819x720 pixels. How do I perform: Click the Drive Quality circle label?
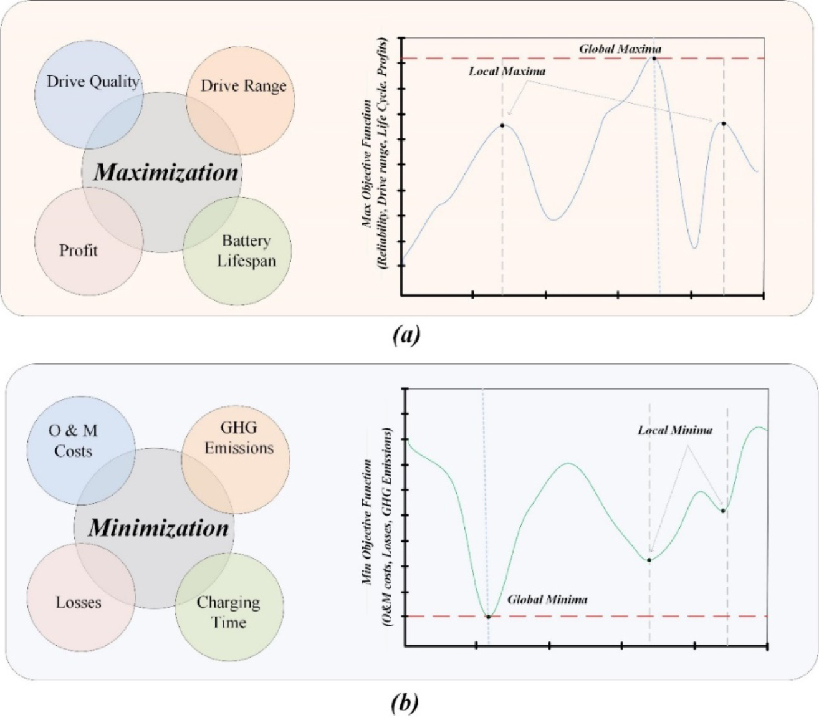(93, 81)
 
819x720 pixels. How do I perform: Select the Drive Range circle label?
(243, 85)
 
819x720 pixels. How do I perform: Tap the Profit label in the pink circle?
(79, 250)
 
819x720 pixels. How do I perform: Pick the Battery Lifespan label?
(246, 250)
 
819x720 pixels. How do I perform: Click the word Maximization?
(166, 172)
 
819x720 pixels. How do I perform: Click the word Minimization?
(158, 528)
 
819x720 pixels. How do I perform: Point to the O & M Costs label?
(73, 441)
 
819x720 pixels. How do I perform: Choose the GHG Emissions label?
(239, 438)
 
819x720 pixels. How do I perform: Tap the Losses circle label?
(79, 602)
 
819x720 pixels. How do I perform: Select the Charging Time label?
(229, 612)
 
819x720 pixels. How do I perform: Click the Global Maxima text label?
(620, 49)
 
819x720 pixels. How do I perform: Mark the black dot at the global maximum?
(654, 58)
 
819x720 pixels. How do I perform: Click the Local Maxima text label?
(507, 71)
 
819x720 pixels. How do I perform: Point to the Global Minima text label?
(547, 600)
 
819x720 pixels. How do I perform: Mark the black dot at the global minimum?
(488, 617)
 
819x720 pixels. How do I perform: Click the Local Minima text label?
(674, 430)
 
